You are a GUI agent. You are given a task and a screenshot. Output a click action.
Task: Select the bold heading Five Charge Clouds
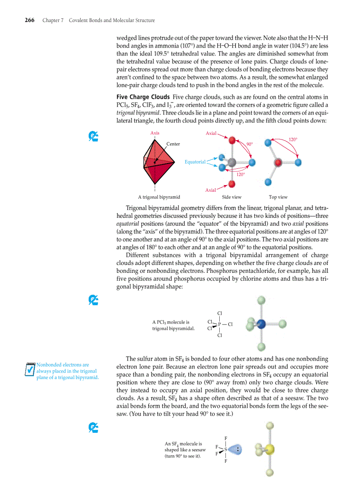coord(143,97)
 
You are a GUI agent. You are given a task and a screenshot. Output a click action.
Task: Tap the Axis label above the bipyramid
coord(155,133)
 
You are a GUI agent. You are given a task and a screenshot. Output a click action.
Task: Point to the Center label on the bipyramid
coord(173,144)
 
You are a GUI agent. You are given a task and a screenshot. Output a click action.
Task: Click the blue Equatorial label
coord(195,162)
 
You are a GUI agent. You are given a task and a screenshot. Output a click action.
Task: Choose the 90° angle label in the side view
coord(250,144)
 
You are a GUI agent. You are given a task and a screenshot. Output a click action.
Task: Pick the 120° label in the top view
coord(293,139)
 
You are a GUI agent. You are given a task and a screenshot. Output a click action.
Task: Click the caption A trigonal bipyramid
coord(159,197)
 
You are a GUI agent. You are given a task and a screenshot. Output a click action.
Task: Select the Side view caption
coord(232,197)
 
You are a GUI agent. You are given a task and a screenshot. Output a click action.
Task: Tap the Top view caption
coord(278,197)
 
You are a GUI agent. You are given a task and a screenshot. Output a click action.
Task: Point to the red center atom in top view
coord(278,163)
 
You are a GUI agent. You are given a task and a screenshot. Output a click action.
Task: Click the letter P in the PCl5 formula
coord(219,325)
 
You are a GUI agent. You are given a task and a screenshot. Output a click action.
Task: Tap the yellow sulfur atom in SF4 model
coord(270,449)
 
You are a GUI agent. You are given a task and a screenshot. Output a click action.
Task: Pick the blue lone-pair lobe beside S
coord(235,450)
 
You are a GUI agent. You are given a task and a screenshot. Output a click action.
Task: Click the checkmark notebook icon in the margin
coord(30,369)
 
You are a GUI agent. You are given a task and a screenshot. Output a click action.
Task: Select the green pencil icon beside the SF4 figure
coord(93,427)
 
